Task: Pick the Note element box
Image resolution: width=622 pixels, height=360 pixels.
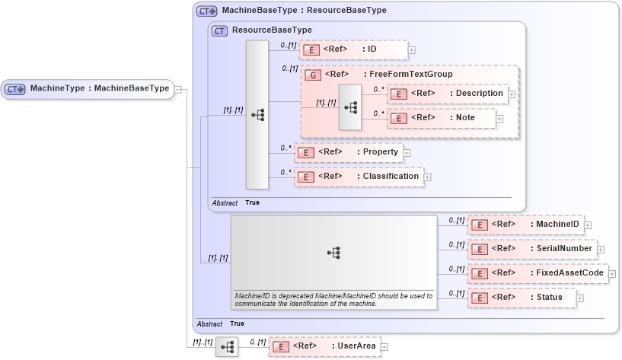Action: pos(442,118)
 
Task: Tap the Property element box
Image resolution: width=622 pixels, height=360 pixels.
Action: pos(348,152)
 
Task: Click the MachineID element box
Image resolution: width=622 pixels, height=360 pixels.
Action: pos(525,225)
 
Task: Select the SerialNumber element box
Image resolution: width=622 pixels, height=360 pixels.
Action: pos(531,249)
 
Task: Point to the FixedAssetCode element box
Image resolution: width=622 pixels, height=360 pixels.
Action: pos(537,272)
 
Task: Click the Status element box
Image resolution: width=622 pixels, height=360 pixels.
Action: pos(521,297)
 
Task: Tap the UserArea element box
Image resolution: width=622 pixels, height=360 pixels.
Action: pos(324,346)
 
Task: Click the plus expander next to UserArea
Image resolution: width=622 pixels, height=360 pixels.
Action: pos(384,347)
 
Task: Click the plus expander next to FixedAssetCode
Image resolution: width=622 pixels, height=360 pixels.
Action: pos(613,273)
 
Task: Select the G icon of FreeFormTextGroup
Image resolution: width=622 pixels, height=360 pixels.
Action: pos(311,75)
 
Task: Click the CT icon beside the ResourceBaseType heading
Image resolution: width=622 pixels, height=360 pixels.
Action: pos(219,30)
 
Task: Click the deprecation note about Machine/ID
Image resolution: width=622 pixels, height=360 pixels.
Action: pos(333,299)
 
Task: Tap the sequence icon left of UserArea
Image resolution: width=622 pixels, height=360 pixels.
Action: pos(227,347)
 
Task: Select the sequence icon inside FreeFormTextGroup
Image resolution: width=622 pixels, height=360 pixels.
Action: pos(350,107)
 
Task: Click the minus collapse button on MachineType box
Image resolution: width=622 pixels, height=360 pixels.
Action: pos(177,89)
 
